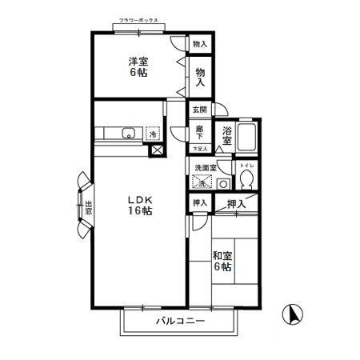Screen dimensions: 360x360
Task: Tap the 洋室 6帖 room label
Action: [x=138, y=66]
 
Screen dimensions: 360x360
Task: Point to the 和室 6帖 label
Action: [x=222, y=262]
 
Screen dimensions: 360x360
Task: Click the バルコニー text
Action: [x=180, y=322]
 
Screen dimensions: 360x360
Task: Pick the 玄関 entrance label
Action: [x=199, y=110]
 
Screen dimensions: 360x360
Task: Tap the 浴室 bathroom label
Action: [x=228, y=135]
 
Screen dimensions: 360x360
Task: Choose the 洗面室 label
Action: [x=205, y=168]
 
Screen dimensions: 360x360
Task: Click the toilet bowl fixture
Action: [x=247, y=178]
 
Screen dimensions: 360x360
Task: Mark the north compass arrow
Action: [x=294, y=314]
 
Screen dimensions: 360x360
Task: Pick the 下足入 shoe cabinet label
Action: [x=200, y=149]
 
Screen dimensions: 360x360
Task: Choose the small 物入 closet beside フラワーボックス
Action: [x=200, y=45]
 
